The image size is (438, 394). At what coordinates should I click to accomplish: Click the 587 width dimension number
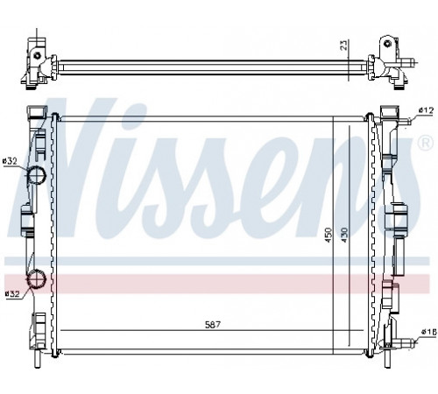212,325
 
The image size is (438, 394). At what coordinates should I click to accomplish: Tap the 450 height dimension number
328,235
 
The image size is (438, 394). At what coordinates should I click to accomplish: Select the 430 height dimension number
345,235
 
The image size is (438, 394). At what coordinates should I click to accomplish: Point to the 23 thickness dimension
344,46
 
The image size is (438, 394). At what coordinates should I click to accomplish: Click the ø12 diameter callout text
426,110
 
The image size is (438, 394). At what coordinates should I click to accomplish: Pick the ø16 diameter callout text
428,331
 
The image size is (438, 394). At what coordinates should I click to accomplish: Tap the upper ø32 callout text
10,161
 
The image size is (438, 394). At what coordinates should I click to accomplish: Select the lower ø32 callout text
12,293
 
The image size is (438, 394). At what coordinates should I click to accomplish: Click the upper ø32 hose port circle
37,175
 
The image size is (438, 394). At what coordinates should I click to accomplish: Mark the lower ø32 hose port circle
37,278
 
